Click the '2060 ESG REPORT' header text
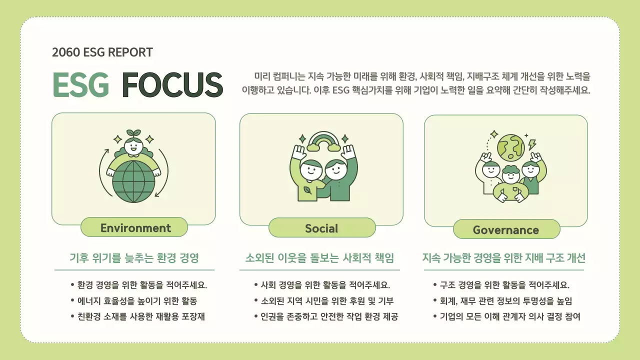click(x=102, y=52)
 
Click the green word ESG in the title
click(x=80, y=84)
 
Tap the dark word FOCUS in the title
click(x=172, y=84)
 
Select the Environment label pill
click(x=135, y=228)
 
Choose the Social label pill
click(x=321, y=228)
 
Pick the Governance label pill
click(x=505, y=230)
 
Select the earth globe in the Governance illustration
click(x=510, y=145)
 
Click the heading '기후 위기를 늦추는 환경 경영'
click(x=134, y=258)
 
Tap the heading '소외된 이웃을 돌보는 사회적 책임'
click(x=320, y=258)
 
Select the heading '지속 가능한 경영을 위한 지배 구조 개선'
click(x=504, y=258)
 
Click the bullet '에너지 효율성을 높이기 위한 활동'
click(x=137, y=301)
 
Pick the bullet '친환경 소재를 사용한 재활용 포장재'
click(x=141, y=316)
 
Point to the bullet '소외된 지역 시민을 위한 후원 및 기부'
click(x=327, y=301)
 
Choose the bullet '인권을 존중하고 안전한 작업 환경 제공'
click(x=329, y=316)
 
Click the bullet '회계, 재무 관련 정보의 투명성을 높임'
click(x=506, y=301)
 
